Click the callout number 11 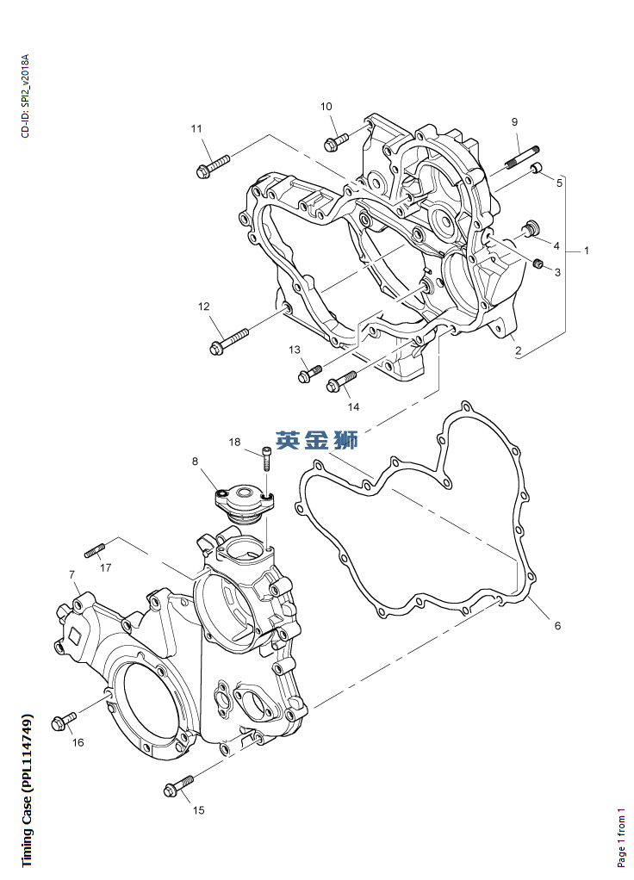[x=196, y=128]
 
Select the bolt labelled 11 [x=213, y=165]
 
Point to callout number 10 [x=326, y=107]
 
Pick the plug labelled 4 [x=529, y=229]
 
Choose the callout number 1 [x=586, y=251]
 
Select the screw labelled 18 [x=267, y=458]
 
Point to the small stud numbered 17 [x=95, y=548]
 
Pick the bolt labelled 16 [x=65, y=721]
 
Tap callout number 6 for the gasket [x=557, y=625]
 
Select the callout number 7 [x=72, y=574]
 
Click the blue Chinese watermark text [x=316, y=442]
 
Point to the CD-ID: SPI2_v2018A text [x=26, y=96]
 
